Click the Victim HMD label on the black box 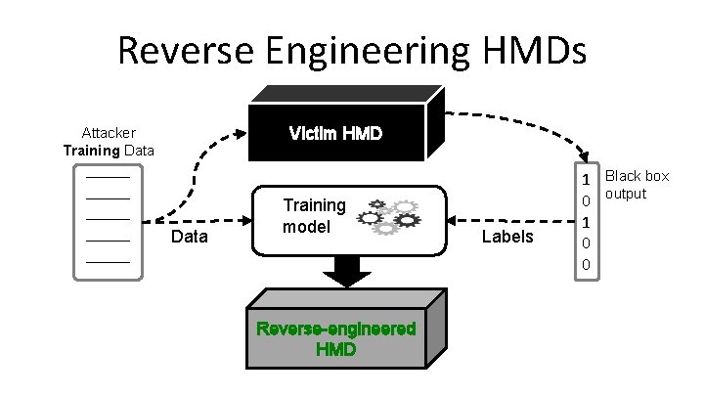tap(335, 133)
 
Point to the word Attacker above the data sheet tap(109, 132)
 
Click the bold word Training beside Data tap(91, 151)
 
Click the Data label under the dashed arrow tap(189, 237)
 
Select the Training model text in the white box tap(314, 215)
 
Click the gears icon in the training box tap(390, 216)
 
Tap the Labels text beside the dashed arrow tap(508, 237)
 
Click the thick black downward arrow tap(343, 271)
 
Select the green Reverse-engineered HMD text tap(335, 338)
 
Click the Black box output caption tap(637, 184)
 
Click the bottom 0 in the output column tap(586, 265)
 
